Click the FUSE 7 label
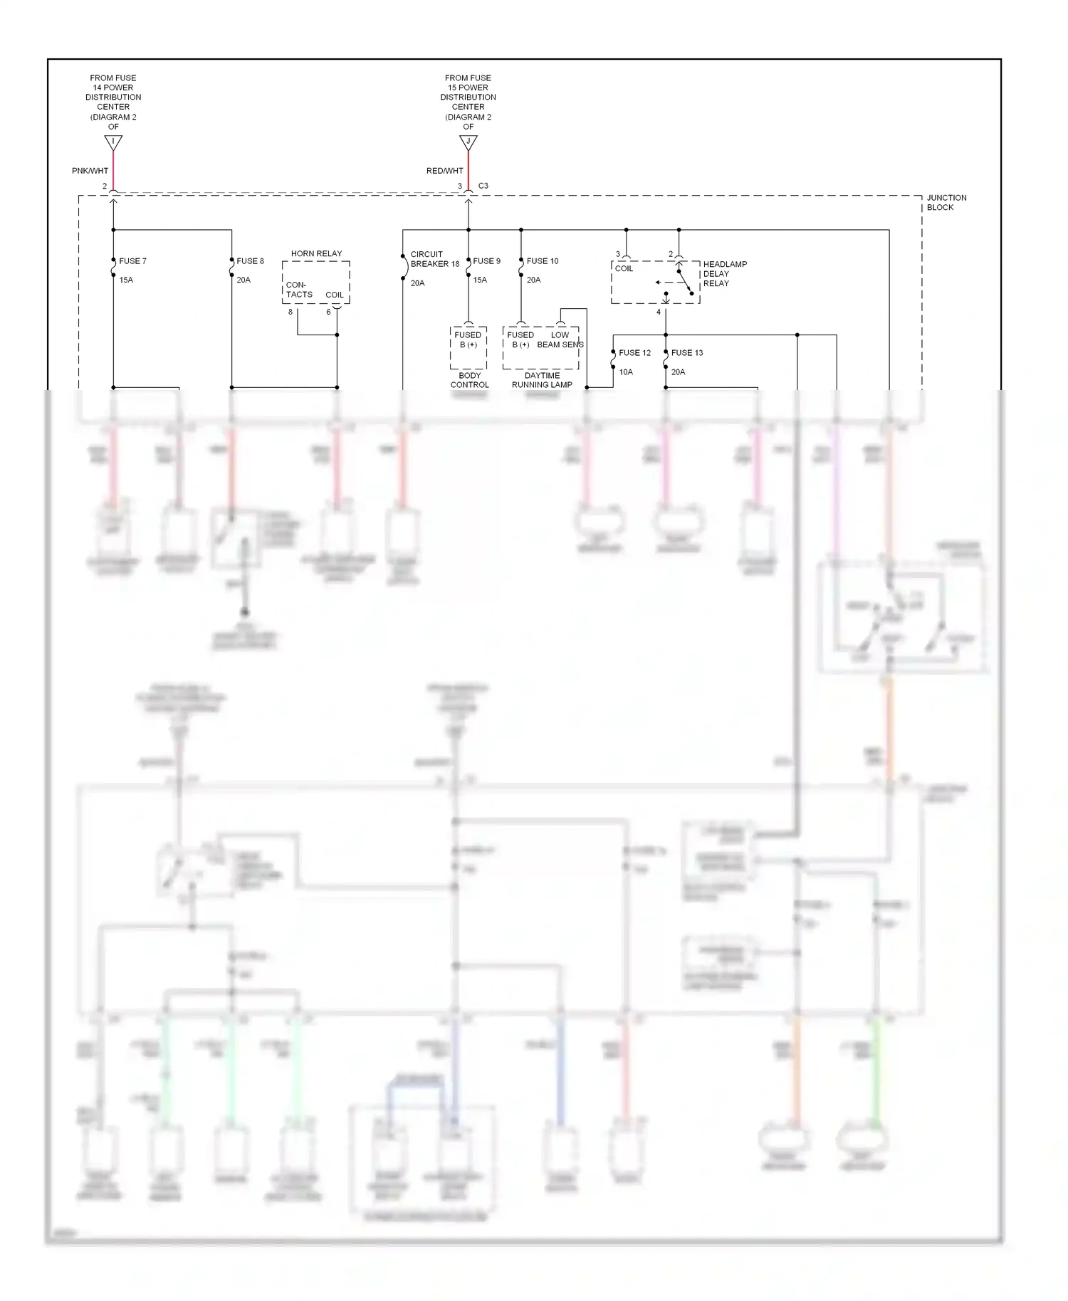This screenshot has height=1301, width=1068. point(132,261)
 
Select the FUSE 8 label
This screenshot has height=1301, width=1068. point(250,261)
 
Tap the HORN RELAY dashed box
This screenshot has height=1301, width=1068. point(315,283)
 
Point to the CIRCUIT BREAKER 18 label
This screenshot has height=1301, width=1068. point(434,259)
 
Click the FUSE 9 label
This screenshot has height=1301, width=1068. point(486,261)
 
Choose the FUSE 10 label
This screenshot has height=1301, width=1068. point(543,261)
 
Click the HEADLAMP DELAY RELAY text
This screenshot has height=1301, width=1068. point(724,274)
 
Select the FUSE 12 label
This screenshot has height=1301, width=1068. point(634,353)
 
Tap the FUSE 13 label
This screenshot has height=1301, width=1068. point(686,353)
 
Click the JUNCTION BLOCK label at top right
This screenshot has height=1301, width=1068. point(946,203)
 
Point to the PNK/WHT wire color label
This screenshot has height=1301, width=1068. point(90,171)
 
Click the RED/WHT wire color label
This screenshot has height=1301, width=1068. point(444,171)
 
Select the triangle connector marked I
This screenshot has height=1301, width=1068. point(113,142)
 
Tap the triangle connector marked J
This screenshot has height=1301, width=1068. point(468,142)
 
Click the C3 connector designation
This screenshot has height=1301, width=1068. point(483,186)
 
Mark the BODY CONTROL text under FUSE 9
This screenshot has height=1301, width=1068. point(469,380)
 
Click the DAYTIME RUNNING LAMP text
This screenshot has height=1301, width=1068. point(542,380)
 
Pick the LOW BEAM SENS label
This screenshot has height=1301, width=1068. point(560,339)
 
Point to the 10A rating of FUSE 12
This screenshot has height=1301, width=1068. point(626,372)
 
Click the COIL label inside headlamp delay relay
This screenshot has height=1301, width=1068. point(624,269)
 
